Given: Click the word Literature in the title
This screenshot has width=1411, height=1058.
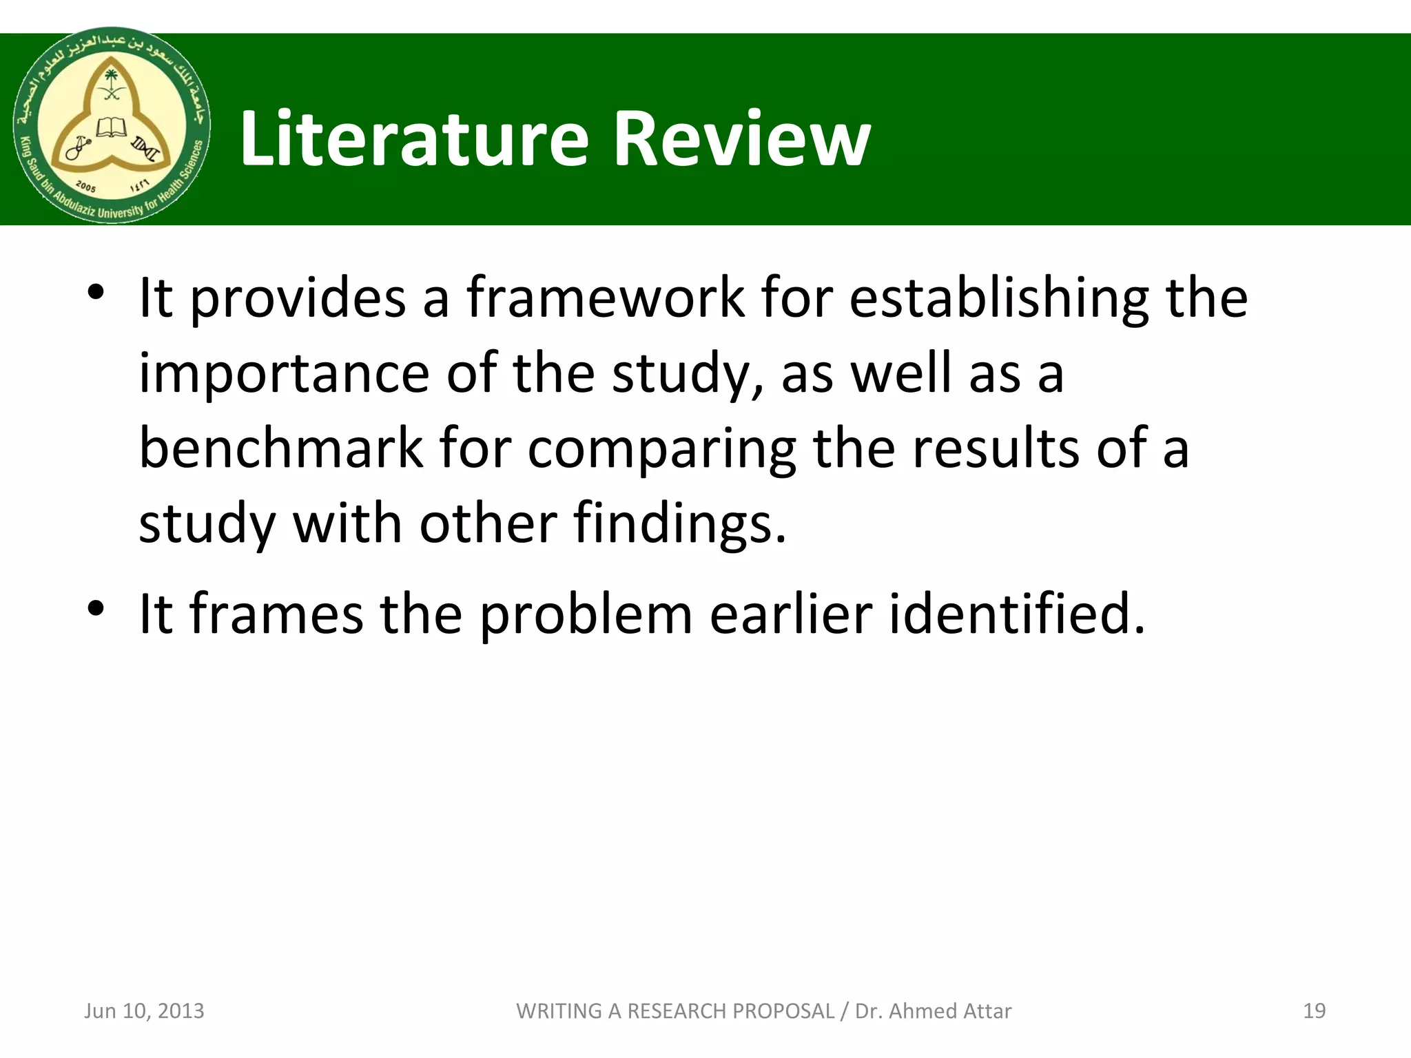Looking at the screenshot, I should point(414,140).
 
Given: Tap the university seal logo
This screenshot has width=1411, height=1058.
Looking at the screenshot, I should point(112,125).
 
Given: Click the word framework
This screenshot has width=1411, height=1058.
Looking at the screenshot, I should point(606,298).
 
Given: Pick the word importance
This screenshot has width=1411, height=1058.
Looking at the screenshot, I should point(285,374).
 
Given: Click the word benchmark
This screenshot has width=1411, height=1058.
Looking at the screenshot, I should point(281,448).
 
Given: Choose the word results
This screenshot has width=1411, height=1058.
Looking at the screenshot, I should point(996,448).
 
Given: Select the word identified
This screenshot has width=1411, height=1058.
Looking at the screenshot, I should point(1017,613).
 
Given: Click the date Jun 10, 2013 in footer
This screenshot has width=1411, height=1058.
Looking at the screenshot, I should point(144,1010).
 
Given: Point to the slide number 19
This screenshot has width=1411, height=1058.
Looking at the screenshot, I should point(1314,1010).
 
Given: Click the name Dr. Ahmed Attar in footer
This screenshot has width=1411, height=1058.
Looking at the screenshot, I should point(933,1010).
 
